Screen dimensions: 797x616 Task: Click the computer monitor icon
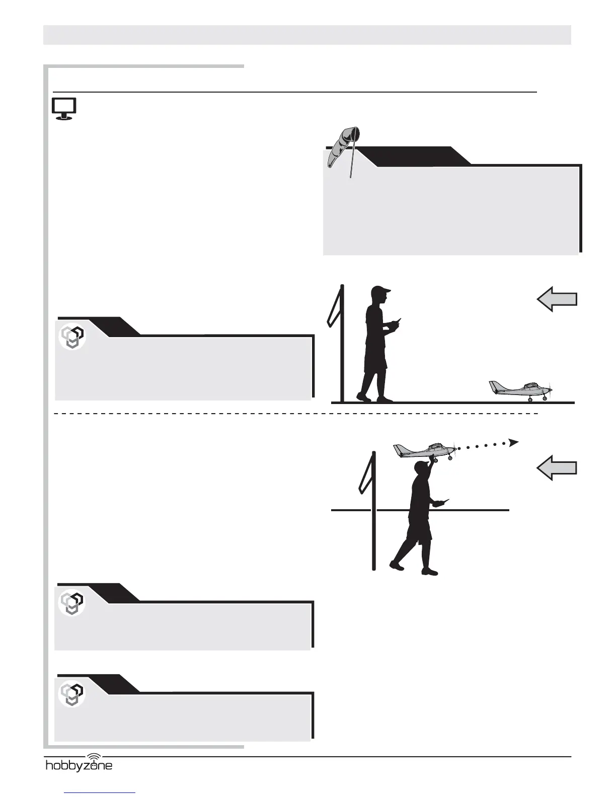coord(64,108)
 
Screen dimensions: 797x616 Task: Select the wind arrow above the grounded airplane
coord(557,300)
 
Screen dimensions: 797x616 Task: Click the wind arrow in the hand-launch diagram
coord(557,468)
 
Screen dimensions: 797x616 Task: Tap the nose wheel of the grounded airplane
coord(545,398)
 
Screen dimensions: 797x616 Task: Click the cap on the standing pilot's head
coord(381,290)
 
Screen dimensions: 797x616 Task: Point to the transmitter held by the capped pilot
coord(398,323)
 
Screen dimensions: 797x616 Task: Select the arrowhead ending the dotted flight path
coord(513,442)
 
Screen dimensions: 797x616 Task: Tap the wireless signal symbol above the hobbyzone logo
coord(94,756)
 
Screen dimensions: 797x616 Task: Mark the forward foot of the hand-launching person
coord(430,571)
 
